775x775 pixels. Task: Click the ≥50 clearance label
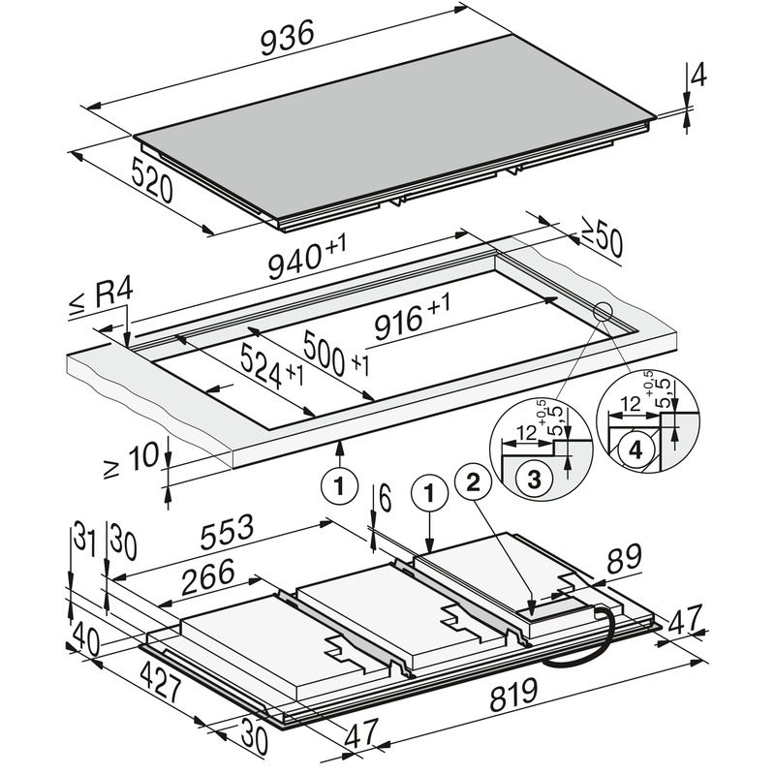(x=602, y=241)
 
